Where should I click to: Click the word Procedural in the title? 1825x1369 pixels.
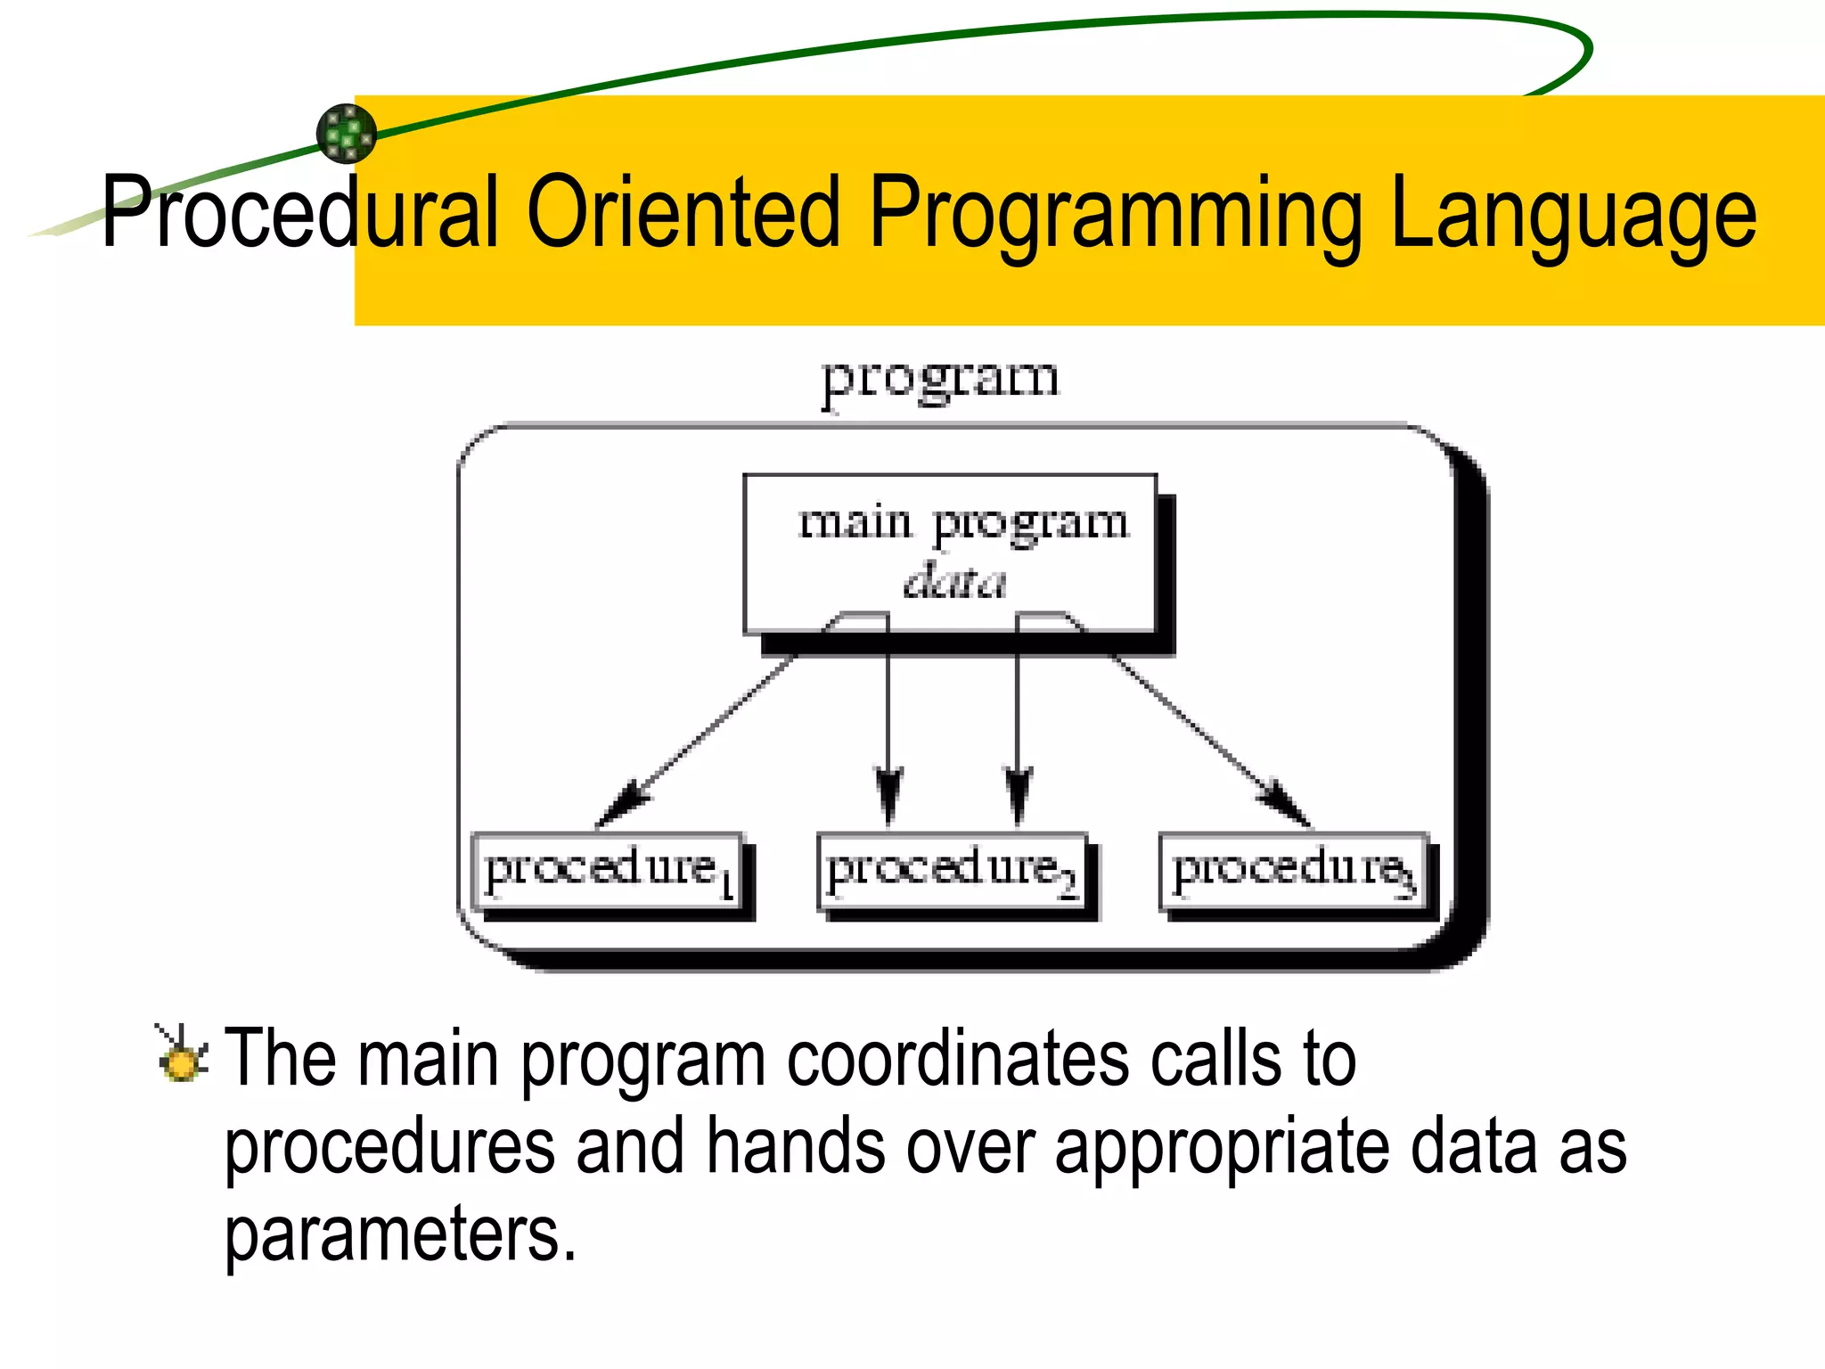coord(300,212)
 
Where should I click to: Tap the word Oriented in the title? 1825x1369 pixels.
coord(683,212)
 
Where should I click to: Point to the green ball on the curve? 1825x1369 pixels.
coord(347,134)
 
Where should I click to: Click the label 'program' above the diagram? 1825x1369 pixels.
coord(940,379)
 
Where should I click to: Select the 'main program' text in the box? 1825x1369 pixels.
coord(962,522)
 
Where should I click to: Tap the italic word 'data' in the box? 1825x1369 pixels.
coord(954,582)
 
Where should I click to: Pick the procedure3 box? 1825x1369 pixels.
coord(1293,871)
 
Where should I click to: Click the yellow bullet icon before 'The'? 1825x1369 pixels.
coord(183,1057)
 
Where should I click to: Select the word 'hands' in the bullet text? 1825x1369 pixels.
coord(796,1147)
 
